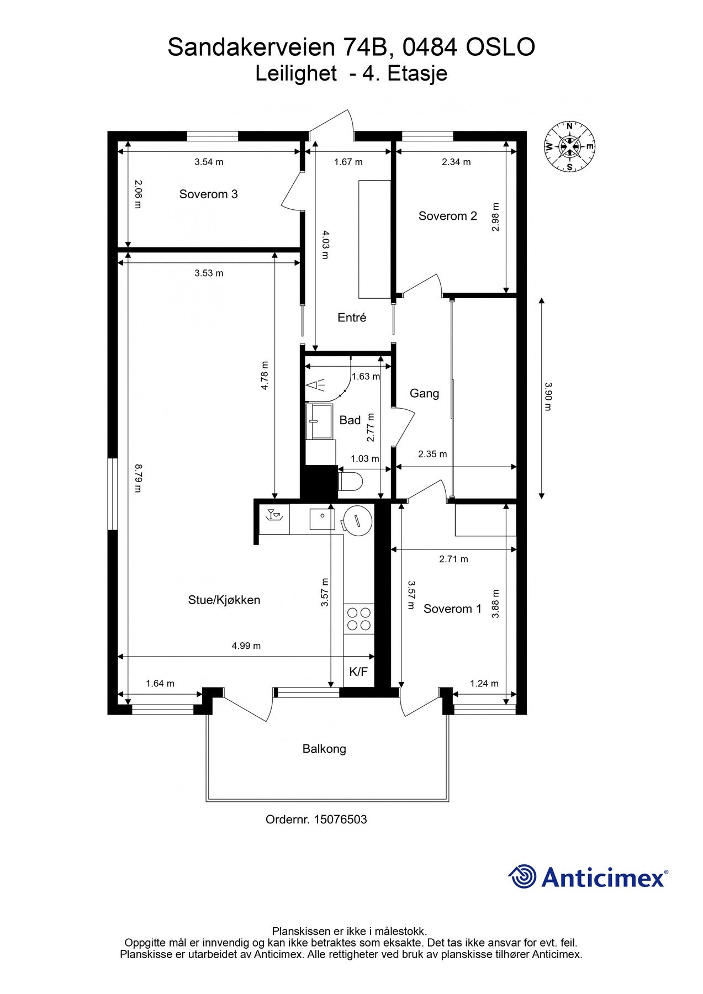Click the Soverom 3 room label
point(208,194)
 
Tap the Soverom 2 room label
point(447,216)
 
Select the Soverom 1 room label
point(452,609)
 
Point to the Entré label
point(352,318)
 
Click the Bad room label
point(350,420)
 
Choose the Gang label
point(424,394)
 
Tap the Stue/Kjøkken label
point(224,600)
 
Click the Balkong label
point(324,749)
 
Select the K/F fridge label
point(358,672)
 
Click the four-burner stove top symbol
point(358,619)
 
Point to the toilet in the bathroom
point(349,480)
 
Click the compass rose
point(569,146)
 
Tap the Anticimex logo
point(588,877)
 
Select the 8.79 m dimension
point(138,478)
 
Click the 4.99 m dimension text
point(246,646)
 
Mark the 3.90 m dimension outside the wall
point(547,396)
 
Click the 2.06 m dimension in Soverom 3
point(138,194)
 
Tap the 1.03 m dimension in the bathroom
point(365,459)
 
